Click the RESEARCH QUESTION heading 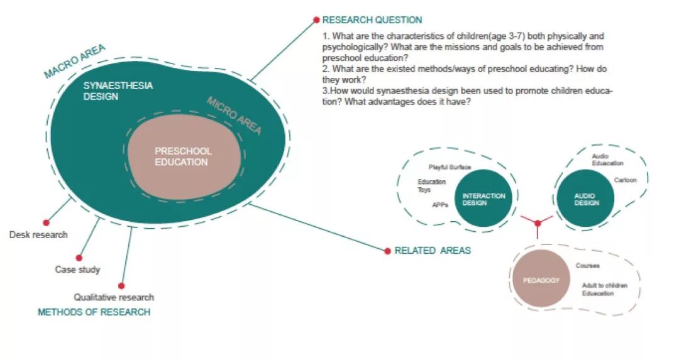[x=372, y=20]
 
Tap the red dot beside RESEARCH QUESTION [x=316, y=20]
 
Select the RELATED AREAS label [x=433, y=251]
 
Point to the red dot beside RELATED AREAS [x=387, y=251]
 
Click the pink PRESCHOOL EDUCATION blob [x=184, y=156]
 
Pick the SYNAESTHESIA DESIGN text [x=118, y=91]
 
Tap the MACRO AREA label [x=74, y=62]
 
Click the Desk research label [x=38, y=235]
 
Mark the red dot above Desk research [x=46, y=222]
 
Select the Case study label [x=77, y=270]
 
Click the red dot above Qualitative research [x=121, y=285]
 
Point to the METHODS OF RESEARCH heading [x=94, y=312]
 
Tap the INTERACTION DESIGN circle [x=483, y=199]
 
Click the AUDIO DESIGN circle [x=586, y=199]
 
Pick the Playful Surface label [x=450, y=167]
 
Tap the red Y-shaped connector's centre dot [x=538, y=223]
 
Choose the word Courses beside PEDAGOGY [x=587, y=266]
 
